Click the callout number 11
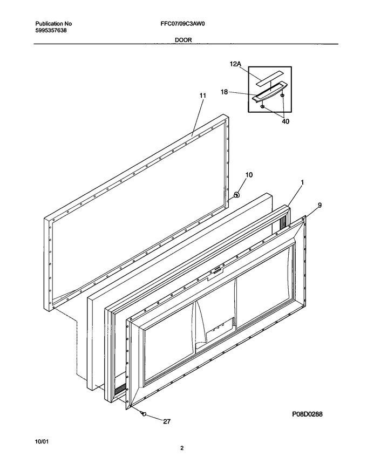click(203, 96)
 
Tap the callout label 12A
click(235, 64)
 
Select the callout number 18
click(225, 92)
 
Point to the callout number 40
click(286, 121)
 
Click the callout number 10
click(249, 175)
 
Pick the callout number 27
click(167, 421)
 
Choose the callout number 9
click(320, 205)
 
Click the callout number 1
click(302, 182)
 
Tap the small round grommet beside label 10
click(236, 195)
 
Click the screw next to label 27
click(144, 414)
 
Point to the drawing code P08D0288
click(307, 414)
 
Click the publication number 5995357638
click(51, 30)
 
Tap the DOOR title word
click(183, 39)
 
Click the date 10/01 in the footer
click(42, 441)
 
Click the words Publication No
click(53, 24)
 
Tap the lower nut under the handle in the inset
click(262, 106)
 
